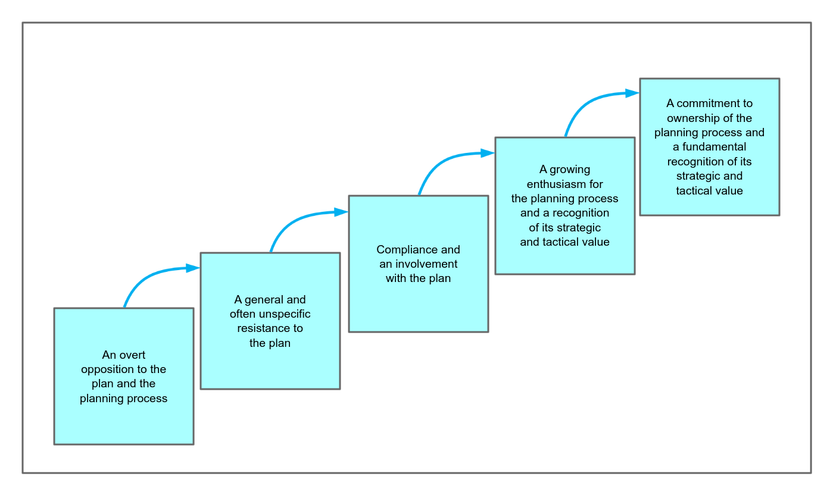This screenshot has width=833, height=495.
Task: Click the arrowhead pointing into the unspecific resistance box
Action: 193,268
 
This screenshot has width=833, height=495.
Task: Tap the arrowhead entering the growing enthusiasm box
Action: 488,153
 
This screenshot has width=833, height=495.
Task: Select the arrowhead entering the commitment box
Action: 633,93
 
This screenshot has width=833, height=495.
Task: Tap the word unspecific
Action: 285,314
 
